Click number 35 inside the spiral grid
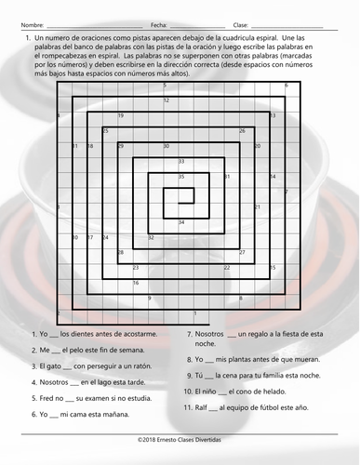(181, 176)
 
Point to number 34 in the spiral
(181, 222)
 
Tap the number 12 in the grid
(167, 100)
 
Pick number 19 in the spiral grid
(121, 115)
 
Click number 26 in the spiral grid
(242, 131)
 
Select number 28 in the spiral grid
(120, 252)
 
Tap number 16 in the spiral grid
(136, 282)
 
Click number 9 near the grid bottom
(150, 298)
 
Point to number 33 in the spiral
(181, 162)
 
